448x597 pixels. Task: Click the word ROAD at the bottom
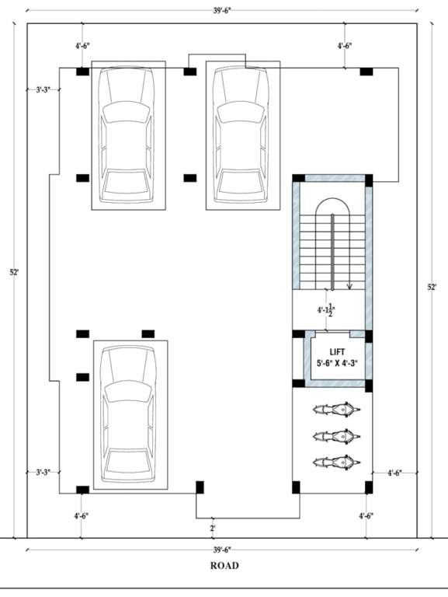(x=224, y=566)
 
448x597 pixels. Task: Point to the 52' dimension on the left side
(x=14, y=272)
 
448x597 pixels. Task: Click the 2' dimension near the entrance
(x=212, y=529)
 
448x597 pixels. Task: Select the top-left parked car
(x=128, y=134)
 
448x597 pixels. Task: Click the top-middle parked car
(x=241, y=134)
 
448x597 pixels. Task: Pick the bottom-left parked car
(x=130, y=414)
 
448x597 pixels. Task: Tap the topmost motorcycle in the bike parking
(x=335, y=410)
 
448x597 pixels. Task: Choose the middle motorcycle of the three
(x=335, y=436)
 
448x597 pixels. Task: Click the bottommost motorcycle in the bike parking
(x=335, y=462)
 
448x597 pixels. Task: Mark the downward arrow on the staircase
(x=349, y=285)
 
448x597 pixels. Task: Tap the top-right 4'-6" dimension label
(x=346, y=47)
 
